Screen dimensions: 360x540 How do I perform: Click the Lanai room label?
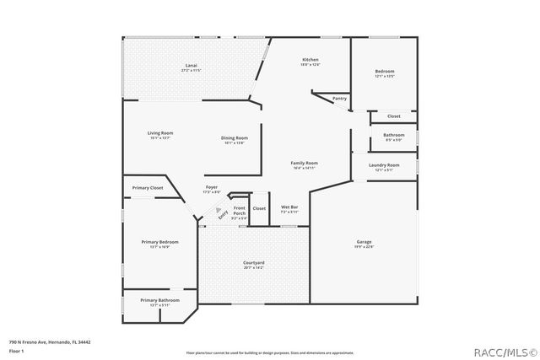(191, 65)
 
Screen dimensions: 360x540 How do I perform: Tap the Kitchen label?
(310, 60)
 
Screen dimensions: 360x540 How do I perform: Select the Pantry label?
(339, 99)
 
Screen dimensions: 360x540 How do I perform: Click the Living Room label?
(160, 133)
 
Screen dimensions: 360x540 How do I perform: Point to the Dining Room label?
(235, 138)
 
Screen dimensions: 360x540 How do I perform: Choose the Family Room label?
(305, 163)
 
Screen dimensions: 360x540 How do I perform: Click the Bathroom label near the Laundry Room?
(393, 135)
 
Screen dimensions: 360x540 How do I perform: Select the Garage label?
(364, 242)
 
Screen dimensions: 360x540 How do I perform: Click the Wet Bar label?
(290, 207)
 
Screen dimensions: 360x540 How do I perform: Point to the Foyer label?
(212, 187)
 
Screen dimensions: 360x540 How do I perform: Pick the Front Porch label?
(240, 211)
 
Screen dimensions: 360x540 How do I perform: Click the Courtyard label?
(254, 263)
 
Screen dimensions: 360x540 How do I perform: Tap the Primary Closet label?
(148, 187)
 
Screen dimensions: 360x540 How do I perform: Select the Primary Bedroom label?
(159, 242)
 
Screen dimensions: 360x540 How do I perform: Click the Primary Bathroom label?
(159, 300)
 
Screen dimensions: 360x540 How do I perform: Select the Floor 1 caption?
(16, 350)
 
